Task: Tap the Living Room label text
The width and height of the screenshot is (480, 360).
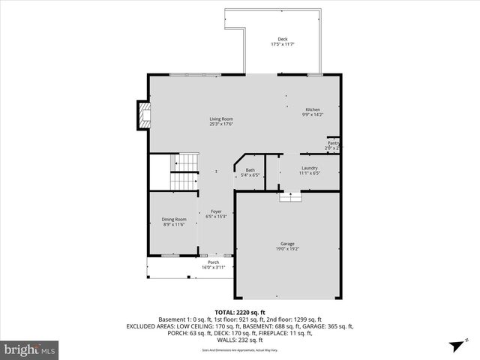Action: point(220,118)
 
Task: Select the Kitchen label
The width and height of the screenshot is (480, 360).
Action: point(312,109)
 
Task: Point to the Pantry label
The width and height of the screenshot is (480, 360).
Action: point(333,142)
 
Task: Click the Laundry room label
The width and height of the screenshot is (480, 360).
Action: point(309,168)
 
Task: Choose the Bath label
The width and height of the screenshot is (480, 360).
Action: point(250,170)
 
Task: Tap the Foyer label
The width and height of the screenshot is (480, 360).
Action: point(216,211)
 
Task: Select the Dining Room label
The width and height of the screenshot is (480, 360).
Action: point(174,219)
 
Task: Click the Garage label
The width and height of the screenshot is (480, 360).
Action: point(287,243)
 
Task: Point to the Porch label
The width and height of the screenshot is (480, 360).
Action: point(213,262)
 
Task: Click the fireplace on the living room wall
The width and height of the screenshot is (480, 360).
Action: point(141,114)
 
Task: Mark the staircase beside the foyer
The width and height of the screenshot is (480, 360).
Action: point(182,172)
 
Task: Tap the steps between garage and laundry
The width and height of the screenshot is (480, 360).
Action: point(290,196)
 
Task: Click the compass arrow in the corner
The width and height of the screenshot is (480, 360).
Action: point(455,346)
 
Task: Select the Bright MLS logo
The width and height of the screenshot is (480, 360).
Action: point(29,349)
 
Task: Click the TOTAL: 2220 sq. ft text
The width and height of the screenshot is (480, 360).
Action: point(240,312)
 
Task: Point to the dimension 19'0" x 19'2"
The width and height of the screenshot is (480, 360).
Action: point(287,248)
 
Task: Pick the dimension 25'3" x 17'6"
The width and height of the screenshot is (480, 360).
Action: point(220,124)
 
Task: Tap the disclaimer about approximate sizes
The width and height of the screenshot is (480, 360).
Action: point(240,349)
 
